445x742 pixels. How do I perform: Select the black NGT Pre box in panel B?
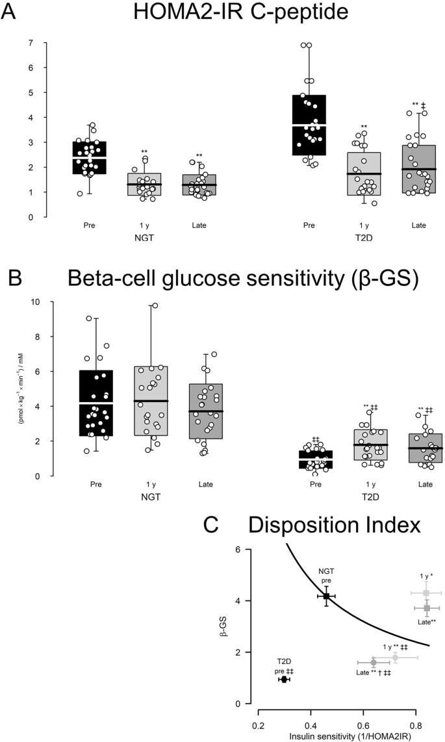[95, 403]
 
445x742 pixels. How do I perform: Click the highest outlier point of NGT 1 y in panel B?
[155, 305]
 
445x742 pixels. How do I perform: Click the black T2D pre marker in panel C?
[284, 679]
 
